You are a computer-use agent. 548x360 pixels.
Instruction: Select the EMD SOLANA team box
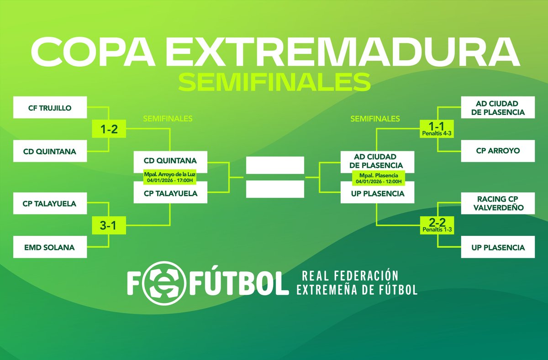(x=50, y=247)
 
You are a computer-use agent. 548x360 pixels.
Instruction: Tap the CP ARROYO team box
(x=497, y=151)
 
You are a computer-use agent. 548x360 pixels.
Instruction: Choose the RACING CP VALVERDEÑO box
(x=497, y=204)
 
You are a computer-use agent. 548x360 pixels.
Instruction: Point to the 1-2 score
(x=109, y=130)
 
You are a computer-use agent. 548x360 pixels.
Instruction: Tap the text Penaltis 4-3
(x=438, y=134)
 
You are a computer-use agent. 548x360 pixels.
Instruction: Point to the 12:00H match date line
(x=378, y=181)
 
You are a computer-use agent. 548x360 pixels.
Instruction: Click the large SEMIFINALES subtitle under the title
(x=274, y=82)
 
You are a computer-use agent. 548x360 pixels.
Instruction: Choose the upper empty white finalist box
(x=274, y=165)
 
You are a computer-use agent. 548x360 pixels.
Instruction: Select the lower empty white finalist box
(x=274, y=189)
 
